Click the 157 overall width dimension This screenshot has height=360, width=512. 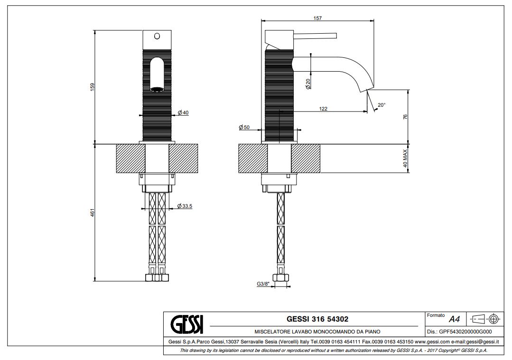click(317, 18)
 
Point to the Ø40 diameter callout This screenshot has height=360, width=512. click(183, 112)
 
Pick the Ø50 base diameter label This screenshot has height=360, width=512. click(244, 128)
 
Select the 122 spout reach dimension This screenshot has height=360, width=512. click(323, 109)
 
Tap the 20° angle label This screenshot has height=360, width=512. click(382, 105)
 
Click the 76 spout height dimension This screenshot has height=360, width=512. click(405, 116)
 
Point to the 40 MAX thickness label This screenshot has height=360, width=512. click(405, 158)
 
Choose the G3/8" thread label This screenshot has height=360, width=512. click(263, 284)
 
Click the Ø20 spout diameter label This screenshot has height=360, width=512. click(308, 84)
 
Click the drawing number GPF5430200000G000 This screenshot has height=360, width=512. click(459, 332)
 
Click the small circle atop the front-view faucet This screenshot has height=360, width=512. click(158, 36)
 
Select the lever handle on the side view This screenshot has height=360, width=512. click(315, 36)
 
